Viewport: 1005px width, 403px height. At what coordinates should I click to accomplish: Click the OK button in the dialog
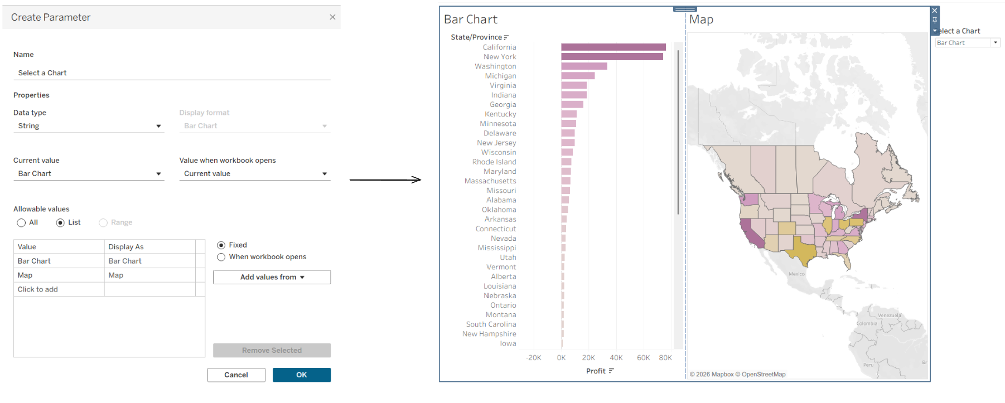[301, 375]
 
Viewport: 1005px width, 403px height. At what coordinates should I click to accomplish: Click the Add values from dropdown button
[272, 277]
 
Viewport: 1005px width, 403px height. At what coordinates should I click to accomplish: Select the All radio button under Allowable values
[21, 222]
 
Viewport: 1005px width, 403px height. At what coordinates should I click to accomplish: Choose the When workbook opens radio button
[221, 257]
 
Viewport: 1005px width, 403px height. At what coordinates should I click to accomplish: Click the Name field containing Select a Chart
[172, 73]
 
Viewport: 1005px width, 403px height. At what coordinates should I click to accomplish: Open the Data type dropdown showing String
[89, 126]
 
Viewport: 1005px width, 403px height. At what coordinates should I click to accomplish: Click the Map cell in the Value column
[59, 275]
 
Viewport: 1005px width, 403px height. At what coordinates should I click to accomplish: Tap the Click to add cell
[59, 289]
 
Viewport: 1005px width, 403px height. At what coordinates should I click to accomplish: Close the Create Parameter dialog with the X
[332, 17]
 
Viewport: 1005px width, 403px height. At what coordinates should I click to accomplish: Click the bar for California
[613, 47]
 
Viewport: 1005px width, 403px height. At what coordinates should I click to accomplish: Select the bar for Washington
[584, 66]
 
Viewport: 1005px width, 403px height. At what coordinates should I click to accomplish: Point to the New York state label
[500, 57]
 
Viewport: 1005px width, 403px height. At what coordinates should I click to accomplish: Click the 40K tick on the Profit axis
[616, 358]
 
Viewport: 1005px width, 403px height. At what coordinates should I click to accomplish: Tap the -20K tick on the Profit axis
[534, 358]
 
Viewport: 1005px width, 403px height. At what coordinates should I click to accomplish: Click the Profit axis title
[596, 371]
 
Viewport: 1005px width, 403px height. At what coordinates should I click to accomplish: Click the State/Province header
[476, 37]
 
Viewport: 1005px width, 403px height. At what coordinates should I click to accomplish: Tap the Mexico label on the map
[796, 274]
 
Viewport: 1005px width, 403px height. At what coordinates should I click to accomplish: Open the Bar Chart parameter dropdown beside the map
[968, 43]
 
